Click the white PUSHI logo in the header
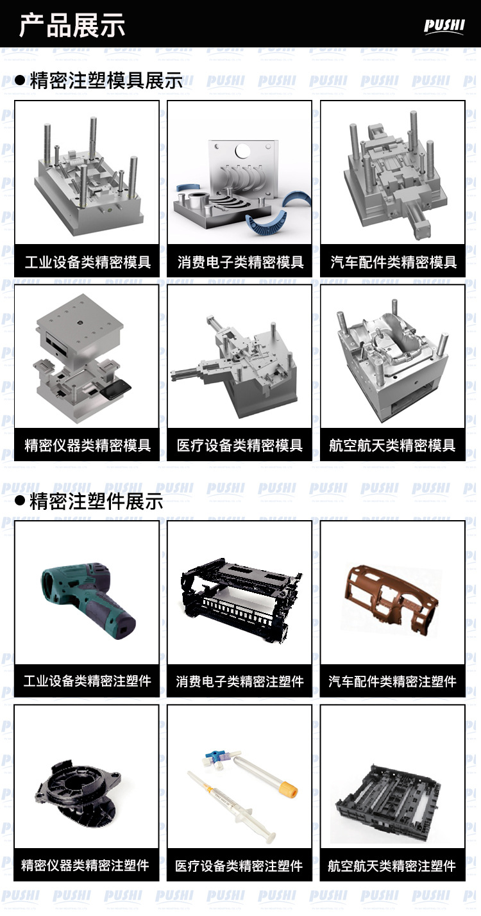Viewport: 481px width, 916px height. pos(444,26)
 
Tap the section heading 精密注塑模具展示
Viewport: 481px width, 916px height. pos(106,80)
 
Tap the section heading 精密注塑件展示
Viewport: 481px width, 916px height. pos(96,502)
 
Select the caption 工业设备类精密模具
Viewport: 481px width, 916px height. pos(87,262)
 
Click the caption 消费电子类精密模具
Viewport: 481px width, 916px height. pos(240,262)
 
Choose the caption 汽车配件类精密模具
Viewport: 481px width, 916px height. pos(393,262)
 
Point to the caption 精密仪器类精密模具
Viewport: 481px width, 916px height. pos(87,445)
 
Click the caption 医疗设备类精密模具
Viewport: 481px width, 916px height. pos(239,445)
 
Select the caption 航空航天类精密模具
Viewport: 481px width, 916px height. pos(392,445)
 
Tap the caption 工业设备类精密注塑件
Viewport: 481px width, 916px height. pos(87,680)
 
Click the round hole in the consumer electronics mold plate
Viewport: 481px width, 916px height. pos(242,151)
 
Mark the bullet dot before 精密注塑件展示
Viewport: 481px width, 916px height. pos(20,502)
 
